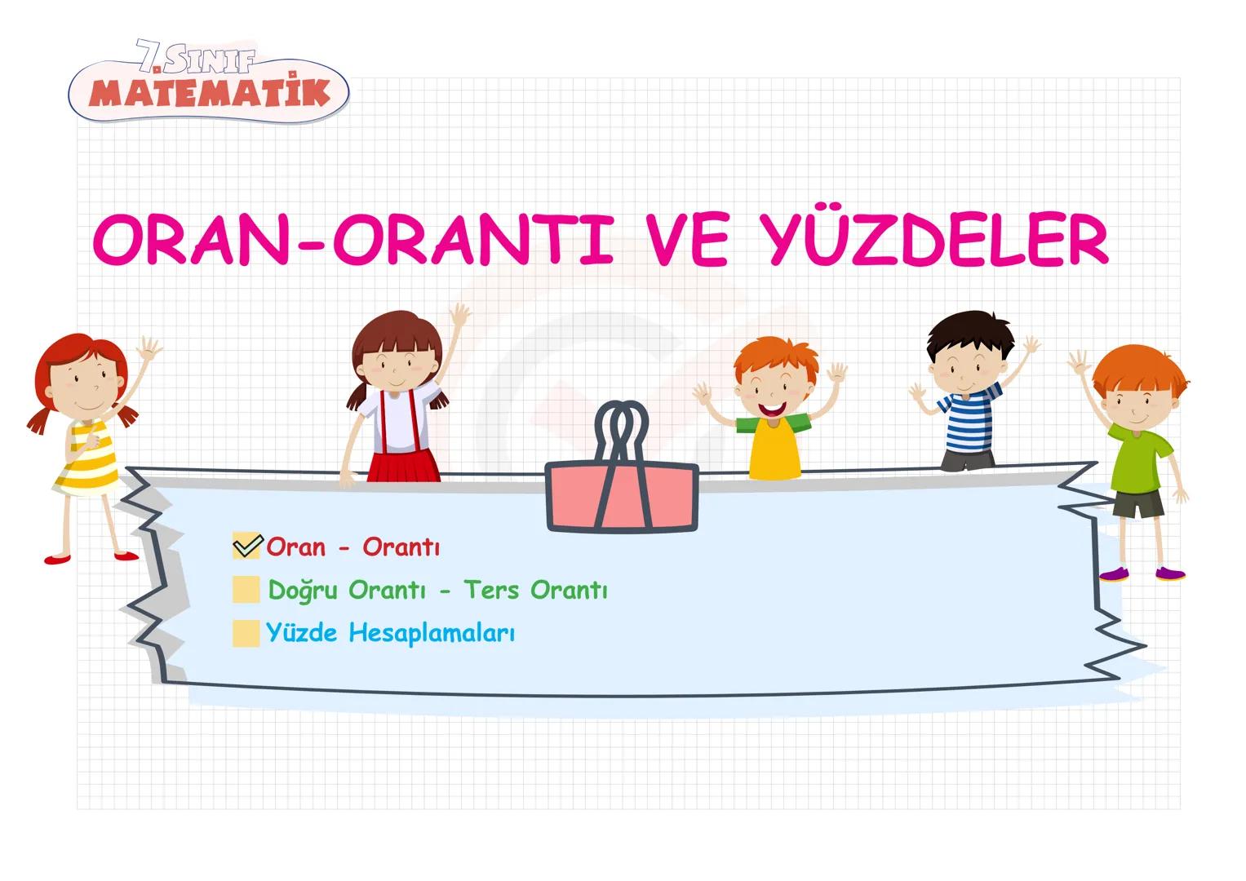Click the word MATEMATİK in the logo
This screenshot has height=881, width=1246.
pyautogui.click(x=209, y=93)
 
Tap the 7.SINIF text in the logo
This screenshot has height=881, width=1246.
pyautogui.click(x=196, y=59)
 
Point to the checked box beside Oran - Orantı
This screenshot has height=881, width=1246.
pyautogui.click(x=246, y=546)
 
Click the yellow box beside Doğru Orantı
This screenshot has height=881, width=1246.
pyautogui.click(x=246, y=590)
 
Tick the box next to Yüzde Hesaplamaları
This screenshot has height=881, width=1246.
pyautogui.click(x=246, y=633)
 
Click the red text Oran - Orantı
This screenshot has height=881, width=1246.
pyautogui.click(x=353, y=547)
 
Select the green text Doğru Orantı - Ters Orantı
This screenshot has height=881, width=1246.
pyautogui.click(x=437, y=590)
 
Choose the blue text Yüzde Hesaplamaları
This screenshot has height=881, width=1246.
pyautogui.click(x=390, y=633)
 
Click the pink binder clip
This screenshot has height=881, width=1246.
pyautogui.click(x=622, y=493)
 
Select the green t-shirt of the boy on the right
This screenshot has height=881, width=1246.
pyautogui.click(x=1140, y=460)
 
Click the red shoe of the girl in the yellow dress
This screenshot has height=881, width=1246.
pyautogui.click(x=57, y=560)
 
